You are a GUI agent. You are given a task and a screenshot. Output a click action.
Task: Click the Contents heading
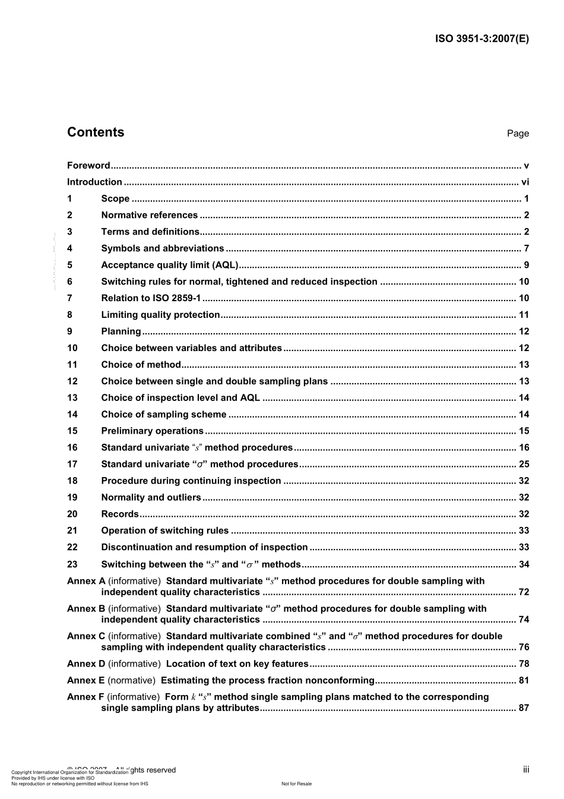96,132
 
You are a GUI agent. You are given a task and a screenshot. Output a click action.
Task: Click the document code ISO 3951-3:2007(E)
481,39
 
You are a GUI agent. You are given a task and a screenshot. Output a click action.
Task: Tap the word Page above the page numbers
518,134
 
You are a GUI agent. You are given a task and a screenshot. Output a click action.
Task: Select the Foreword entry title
88,166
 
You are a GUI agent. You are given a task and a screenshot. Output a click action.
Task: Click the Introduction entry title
94,182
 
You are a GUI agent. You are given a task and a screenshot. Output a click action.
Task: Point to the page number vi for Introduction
524,182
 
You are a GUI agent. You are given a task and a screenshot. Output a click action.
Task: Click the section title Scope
115,199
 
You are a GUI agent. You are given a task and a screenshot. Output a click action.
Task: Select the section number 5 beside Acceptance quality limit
70,266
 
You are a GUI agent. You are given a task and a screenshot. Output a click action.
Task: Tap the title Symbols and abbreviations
163,249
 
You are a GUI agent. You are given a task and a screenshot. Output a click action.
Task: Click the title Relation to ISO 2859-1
151,298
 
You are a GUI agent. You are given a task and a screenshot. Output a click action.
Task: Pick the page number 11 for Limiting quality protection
524,315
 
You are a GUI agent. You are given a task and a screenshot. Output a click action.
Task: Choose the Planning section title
121,331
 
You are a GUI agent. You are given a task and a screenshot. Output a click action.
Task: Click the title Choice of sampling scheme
164,415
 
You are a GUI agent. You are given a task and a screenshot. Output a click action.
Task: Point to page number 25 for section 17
524,465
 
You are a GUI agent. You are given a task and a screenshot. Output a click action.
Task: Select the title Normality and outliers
151,498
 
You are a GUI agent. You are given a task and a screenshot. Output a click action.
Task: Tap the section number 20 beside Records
72,514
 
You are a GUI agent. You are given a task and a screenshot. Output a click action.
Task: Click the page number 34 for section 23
524,564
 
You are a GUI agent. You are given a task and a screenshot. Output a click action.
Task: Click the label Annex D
86,664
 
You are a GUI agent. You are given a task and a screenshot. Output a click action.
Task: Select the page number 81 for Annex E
524,681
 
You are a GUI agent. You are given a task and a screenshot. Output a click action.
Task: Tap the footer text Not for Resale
296,784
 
